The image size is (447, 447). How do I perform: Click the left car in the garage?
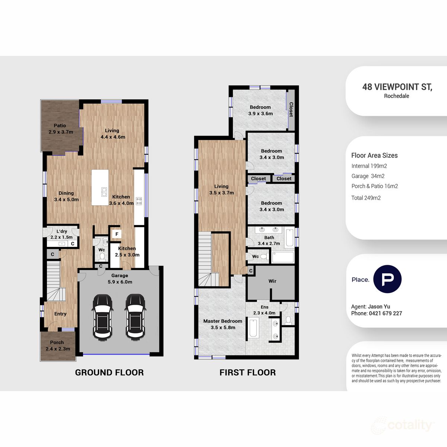[x=102, y=317]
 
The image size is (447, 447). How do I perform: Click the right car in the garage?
[x=135, y=317]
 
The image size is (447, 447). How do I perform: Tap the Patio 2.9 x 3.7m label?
[x=60, y=129]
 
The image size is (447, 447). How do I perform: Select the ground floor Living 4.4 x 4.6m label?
[x=112, y=134]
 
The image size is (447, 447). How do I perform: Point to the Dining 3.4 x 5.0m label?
[x=66, y=196]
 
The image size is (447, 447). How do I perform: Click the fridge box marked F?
[x=117, y=234]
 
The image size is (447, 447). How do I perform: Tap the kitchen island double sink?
[x=104, y=192]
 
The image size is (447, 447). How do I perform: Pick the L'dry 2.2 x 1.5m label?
[x=61, y=234]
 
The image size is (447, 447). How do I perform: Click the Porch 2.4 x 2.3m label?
[x=57, y=346]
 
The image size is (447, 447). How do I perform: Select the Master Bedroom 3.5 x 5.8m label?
[x=222, y=324]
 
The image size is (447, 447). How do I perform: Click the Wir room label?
[x=272, y=281]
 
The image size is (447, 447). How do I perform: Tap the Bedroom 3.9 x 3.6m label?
[x=260, y=110]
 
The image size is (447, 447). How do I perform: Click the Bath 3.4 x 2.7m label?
[x=269, y=240]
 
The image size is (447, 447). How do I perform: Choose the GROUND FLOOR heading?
[x=109, y=372]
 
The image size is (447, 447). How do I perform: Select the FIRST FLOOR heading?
[x=247, y=372]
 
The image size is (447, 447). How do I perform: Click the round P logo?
[x=387, y=279]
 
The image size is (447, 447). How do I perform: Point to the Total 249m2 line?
[x=366, y=198]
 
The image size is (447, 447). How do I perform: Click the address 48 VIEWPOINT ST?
[x=397, y=87]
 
